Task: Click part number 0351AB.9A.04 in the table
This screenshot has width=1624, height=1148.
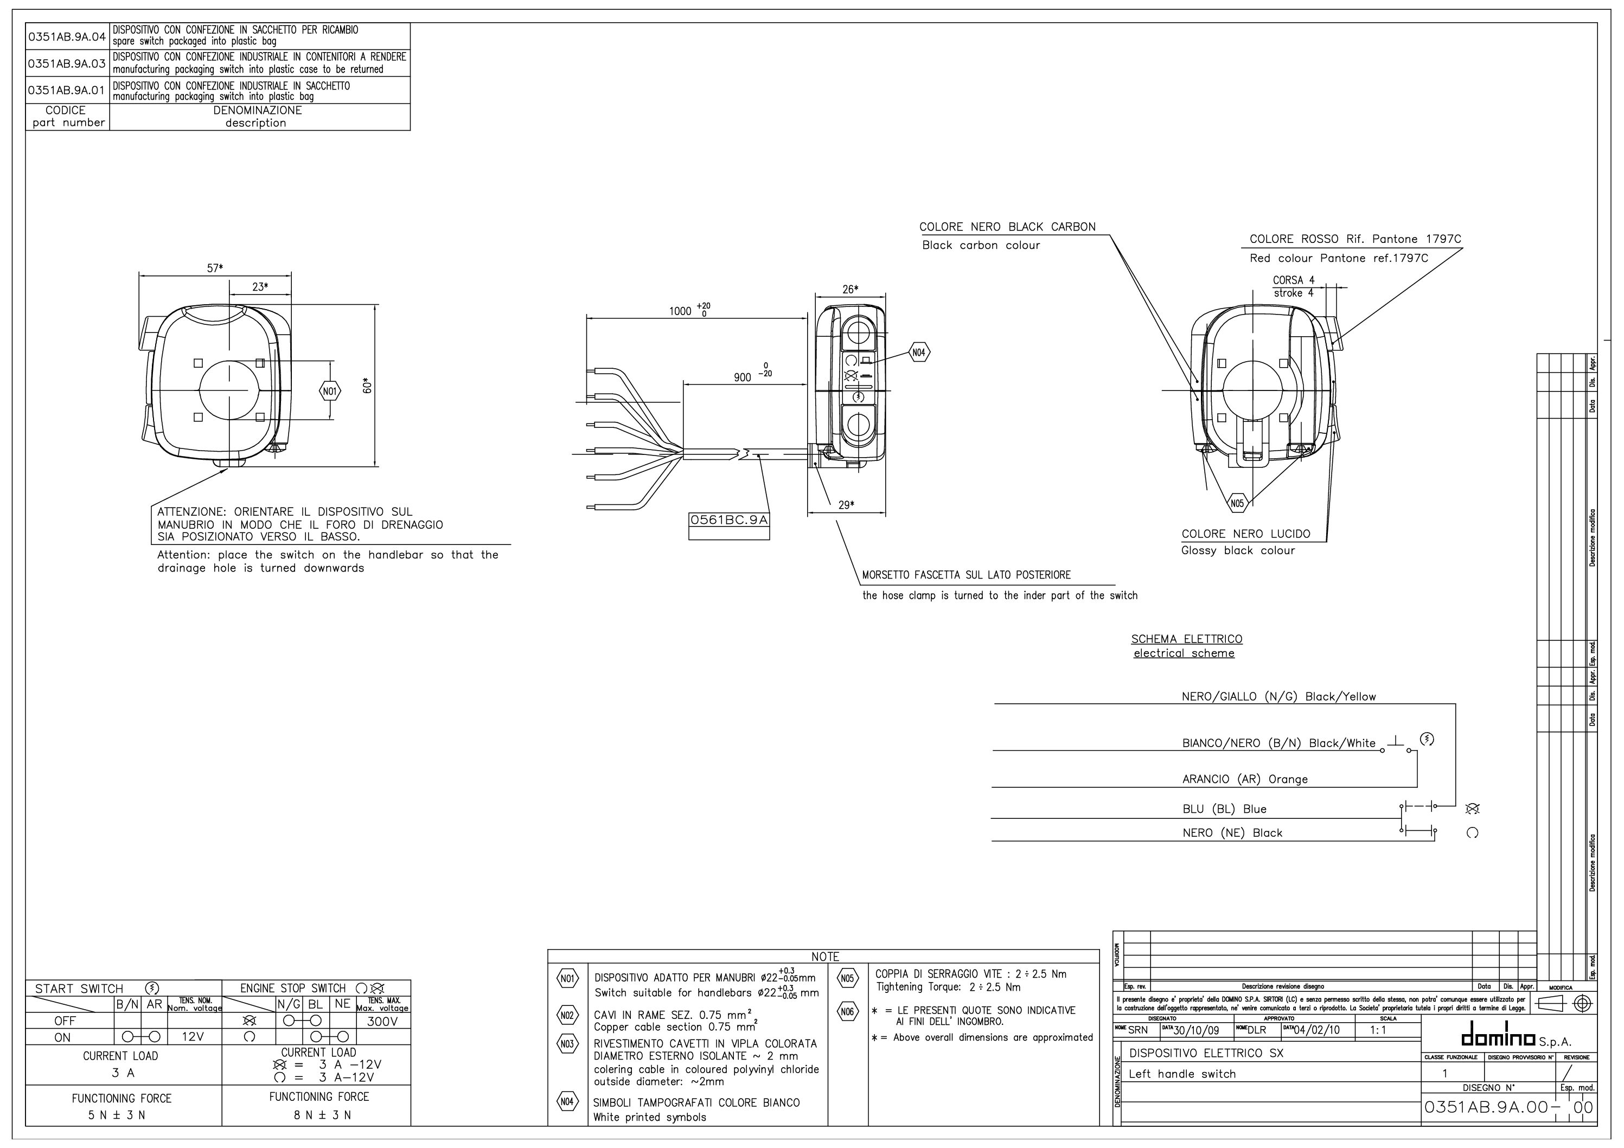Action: coord(67,36)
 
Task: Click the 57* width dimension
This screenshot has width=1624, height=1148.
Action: coord(215,268)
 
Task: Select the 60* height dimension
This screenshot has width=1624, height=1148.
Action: coord(367,386)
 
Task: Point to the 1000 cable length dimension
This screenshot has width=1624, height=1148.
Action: coord(681,311)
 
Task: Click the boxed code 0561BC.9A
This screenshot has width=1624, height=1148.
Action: coord(728,520)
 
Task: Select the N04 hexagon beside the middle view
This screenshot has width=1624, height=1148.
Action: coord(918,352)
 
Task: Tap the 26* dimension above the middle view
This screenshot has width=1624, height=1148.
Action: coord(849,289)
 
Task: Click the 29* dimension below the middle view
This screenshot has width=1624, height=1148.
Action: coord(846,505)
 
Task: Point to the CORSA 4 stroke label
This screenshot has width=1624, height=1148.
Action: coord(1293,280)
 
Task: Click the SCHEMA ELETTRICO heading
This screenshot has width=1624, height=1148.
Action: coord(1186,639)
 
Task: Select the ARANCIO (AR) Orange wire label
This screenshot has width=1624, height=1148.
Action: coord(1245,779)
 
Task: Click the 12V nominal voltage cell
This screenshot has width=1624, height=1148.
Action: coord(193,1037)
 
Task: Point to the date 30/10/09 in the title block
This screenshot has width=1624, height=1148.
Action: coord(1196,1030)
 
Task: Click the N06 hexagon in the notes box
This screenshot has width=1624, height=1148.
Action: coord(848,1011)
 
